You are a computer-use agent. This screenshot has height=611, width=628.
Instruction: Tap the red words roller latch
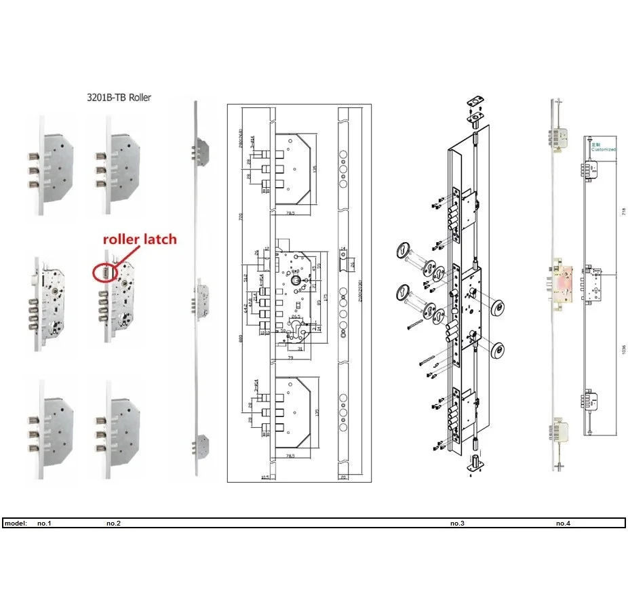point(140,239)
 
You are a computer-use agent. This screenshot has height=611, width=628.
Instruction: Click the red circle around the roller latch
point(106,271)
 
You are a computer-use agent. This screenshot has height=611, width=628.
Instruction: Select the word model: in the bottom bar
point(16,524)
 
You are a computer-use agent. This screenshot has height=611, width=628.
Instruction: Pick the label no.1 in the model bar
point(44,524)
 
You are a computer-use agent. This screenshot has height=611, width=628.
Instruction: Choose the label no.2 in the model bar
point(113,524)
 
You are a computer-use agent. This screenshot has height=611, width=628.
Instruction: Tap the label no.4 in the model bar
point(563,524)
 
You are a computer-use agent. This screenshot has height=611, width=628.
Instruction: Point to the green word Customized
point(603,149)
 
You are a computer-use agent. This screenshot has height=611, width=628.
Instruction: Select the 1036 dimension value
point(623,353)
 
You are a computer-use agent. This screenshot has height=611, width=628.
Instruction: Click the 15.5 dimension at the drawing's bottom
point(266,477)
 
